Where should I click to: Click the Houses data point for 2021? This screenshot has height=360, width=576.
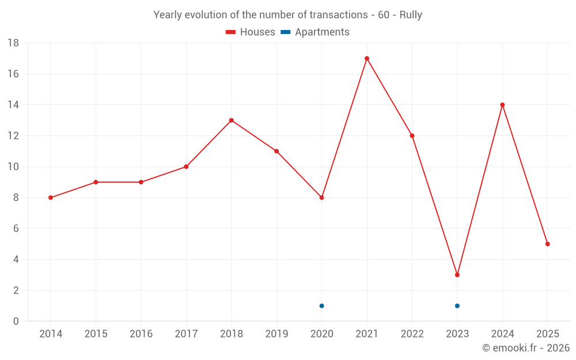click(x=367, y=58)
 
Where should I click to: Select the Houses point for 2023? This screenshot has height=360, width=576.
click(x=457, y=275)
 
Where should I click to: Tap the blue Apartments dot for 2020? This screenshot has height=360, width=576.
click(x=322, y=306)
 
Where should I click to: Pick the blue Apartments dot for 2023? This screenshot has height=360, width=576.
click(x=457, y=306)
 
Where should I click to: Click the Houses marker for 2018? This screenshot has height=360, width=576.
click(x=232, y=120)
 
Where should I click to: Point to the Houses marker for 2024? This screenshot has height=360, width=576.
click(x=502, y=105)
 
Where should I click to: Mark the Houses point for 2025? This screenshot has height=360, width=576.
click(x=548, y=244)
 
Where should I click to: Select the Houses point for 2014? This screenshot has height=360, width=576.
click(x=51, y=198)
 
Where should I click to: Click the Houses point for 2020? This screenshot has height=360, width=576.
click(x=322, y=198)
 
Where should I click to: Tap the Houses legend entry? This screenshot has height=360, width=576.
click(x=251, y=32)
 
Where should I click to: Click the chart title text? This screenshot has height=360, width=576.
click(x=287, y=15)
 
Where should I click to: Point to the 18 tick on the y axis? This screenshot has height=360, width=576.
click(x=13, y=43)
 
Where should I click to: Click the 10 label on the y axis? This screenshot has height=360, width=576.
click(x=13, y=167)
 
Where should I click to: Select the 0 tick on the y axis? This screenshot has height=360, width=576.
click(x=16, y=321)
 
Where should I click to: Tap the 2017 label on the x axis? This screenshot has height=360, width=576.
click(x=186, y=334)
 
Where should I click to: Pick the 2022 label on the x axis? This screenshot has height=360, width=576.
click(x=412, y=334)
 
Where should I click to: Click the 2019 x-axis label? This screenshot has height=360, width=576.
click(x=276, y=334)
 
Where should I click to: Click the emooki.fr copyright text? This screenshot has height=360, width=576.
click(x=526, y=348)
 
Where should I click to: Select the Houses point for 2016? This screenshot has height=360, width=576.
click(x=141, y=182)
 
